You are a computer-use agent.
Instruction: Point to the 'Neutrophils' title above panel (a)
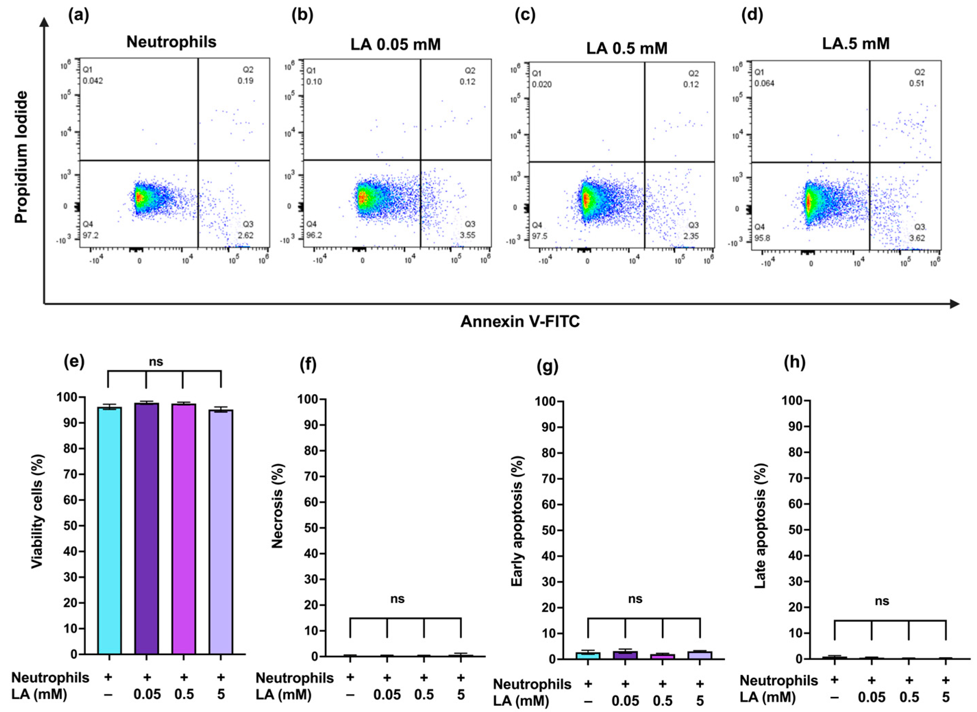click(x=172, y=42)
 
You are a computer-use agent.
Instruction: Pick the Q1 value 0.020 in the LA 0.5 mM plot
click(x=541, y=84)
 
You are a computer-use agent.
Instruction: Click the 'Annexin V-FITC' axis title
click(x=520, y=322)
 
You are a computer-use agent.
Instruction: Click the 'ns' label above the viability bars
click(x=156, y=362)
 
